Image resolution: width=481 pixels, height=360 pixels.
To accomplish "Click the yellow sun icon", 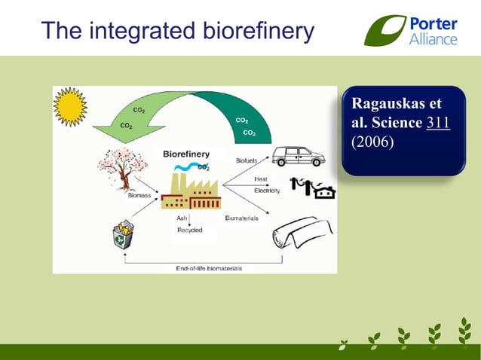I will pos(70,106).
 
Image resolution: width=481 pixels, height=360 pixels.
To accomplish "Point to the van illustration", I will pos(298,156).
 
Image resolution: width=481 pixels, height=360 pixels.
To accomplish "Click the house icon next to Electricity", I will pos(325,193).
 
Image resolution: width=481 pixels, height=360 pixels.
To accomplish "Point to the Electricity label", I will pos(267,191).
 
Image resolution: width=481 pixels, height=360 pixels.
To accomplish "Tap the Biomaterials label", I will pos(241,218).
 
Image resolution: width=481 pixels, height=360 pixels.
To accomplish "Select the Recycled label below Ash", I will pos(189,230).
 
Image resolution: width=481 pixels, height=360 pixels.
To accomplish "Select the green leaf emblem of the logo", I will pos(385,31).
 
